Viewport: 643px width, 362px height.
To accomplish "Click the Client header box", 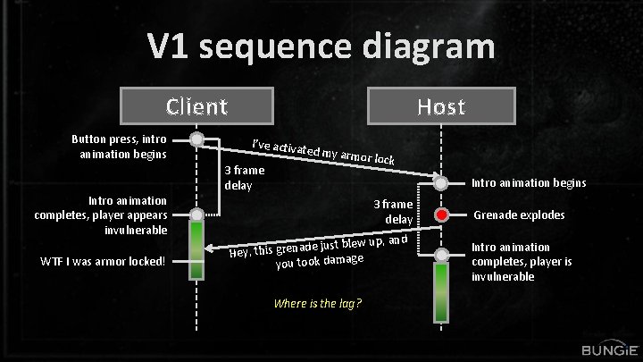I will (196, 106).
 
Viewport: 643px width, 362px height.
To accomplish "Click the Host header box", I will (441, 106).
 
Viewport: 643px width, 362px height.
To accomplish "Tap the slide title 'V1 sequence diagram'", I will (321, 46).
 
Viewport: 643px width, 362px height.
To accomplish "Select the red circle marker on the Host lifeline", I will (441, 215).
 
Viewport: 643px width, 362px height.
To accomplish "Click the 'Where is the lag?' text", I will (318, 303).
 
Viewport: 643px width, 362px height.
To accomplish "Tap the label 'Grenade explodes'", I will (519, 215).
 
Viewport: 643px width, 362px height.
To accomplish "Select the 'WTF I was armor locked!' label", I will (103, 260).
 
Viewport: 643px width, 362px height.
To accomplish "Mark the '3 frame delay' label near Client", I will (243, 178).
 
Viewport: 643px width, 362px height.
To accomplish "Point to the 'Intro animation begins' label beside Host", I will (530, 183).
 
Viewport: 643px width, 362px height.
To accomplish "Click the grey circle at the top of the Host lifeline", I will (441, 183).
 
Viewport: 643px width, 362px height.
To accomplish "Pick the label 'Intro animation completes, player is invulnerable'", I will (522, 261).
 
